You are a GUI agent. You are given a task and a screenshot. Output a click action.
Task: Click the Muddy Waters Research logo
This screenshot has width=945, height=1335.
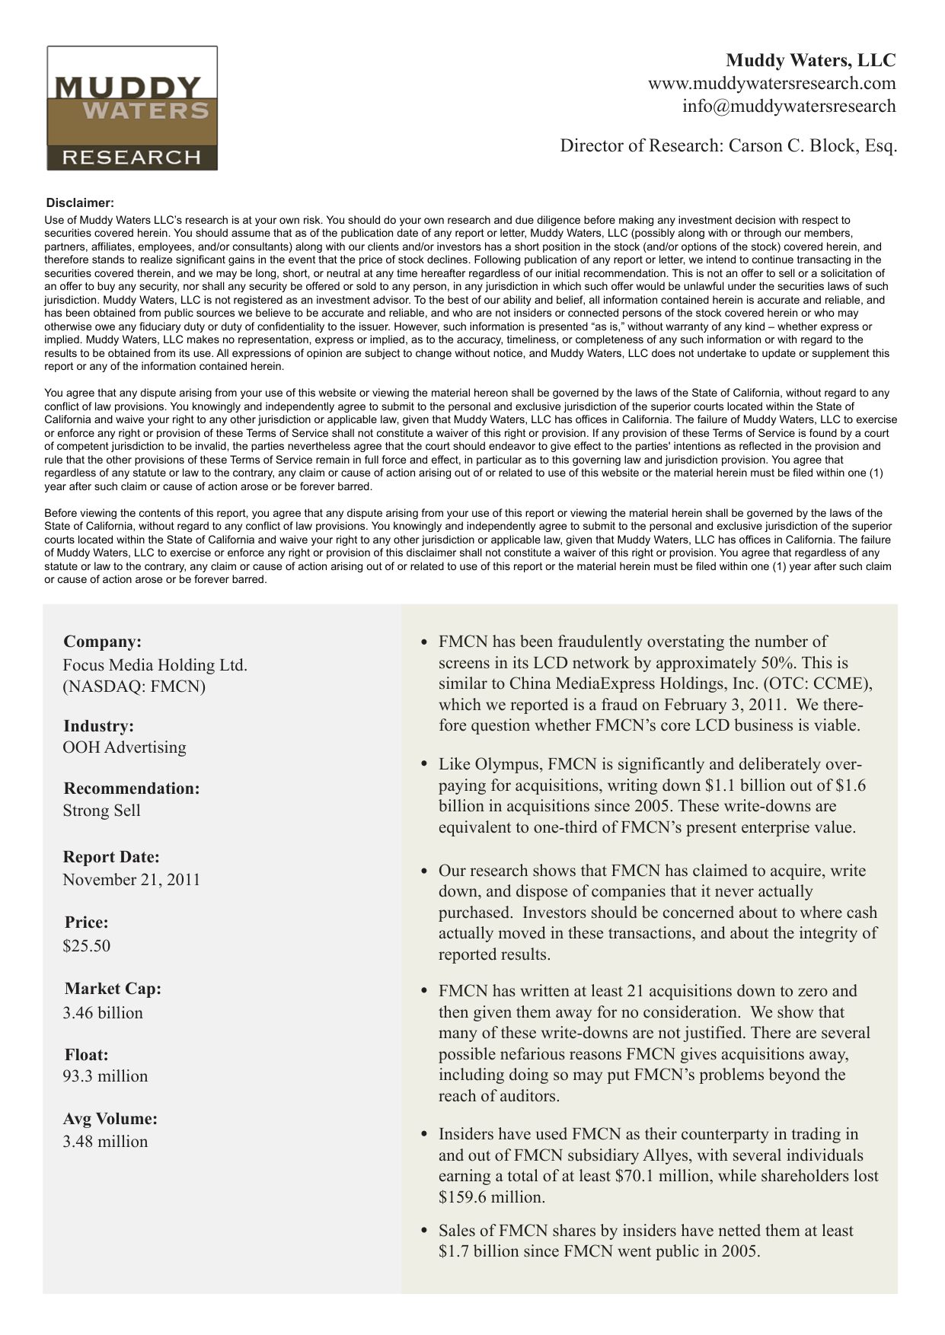132,108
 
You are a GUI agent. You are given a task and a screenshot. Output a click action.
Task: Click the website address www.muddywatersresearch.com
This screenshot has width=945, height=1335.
771,83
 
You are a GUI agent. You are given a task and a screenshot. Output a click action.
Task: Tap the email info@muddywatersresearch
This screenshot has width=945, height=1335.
788,106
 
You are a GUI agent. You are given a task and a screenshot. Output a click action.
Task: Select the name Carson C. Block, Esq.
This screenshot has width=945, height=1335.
813,145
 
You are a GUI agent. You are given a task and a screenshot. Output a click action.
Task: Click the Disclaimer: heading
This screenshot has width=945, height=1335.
80,202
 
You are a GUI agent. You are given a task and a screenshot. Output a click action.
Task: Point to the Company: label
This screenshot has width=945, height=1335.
102,642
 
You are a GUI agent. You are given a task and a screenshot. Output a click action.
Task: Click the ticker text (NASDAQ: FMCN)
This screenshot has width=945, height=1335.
134,686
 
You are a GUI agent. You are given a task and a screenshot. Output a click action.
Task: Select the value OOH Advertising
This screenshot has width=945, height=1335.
124,747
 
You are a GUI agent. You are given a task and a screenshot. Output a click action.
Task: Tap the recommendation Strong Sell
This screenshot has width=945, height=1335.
101,810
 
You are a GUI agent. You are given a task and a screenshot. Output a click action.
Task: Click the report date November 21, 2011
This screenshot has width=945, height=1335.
131,879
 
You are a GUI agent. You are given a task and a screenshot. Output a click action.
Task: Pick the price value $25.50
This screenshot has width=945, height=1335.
86,945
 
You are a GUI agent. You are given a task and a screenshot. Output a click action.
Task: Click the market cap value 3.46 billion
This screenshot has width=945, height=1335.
103,1012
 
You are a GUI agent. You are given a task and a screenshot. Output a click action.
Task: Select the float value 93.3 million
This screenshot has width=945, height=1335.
105,1075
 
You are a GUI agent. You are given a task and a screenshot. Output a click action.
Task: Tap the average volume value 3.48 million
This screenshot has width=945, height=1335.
105,1141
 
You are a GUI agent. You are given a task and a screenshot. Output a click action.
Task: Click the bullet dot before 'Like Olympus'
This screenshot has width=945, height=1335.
424,764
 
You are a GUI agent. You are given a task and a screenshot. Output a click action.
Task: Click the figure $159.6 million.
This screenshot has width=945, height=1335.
490,1196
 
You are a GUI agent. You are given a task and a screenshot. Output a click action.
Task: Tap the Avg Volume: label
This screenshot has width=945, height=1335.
110,1118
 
